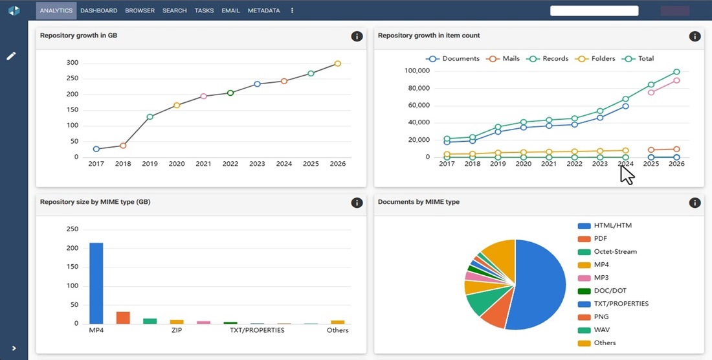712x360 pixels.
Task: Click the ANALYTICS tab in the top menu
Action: point(56,10)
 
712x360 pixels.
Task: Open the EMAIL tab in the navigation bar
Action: point(230,10)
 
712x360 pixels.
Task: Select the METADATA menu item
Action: point(264,10)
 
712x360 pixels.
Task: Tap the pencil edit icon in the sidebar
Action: point(12,56)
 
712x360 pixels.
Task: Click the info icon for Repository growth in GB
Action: point(357,36)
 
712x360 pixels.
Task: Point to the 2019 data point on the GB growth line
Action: point(150,117)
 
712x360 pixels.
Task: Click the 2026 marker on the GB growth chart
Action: point(337,63)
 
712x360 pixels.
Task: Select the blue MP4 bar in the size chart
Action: point(96,284)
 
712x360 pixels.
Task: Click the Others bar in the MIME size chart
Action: point(337,322)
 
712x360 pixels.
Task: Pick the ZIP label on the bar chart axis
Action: point(177,330)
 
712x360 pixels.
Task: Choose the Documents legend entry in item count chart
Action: point(452,58)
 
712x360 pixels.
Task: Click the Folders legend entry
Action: point(595,58)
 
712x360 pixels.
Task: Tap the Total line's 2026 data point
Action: point(676,72)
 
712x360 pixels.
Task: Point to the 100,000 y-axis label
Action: point(417,71)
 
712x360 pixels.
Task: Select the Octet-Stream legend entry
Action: point(607,251)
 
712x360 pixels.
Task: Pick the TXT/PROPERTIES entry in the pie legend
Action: point(613,304)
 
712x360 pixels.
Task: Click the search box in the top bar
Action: point(594,11)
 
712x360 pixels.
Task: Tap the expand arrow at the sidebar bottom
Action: point(14,348)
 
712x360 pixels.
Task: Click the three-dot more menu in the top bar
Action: point(292,10)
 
